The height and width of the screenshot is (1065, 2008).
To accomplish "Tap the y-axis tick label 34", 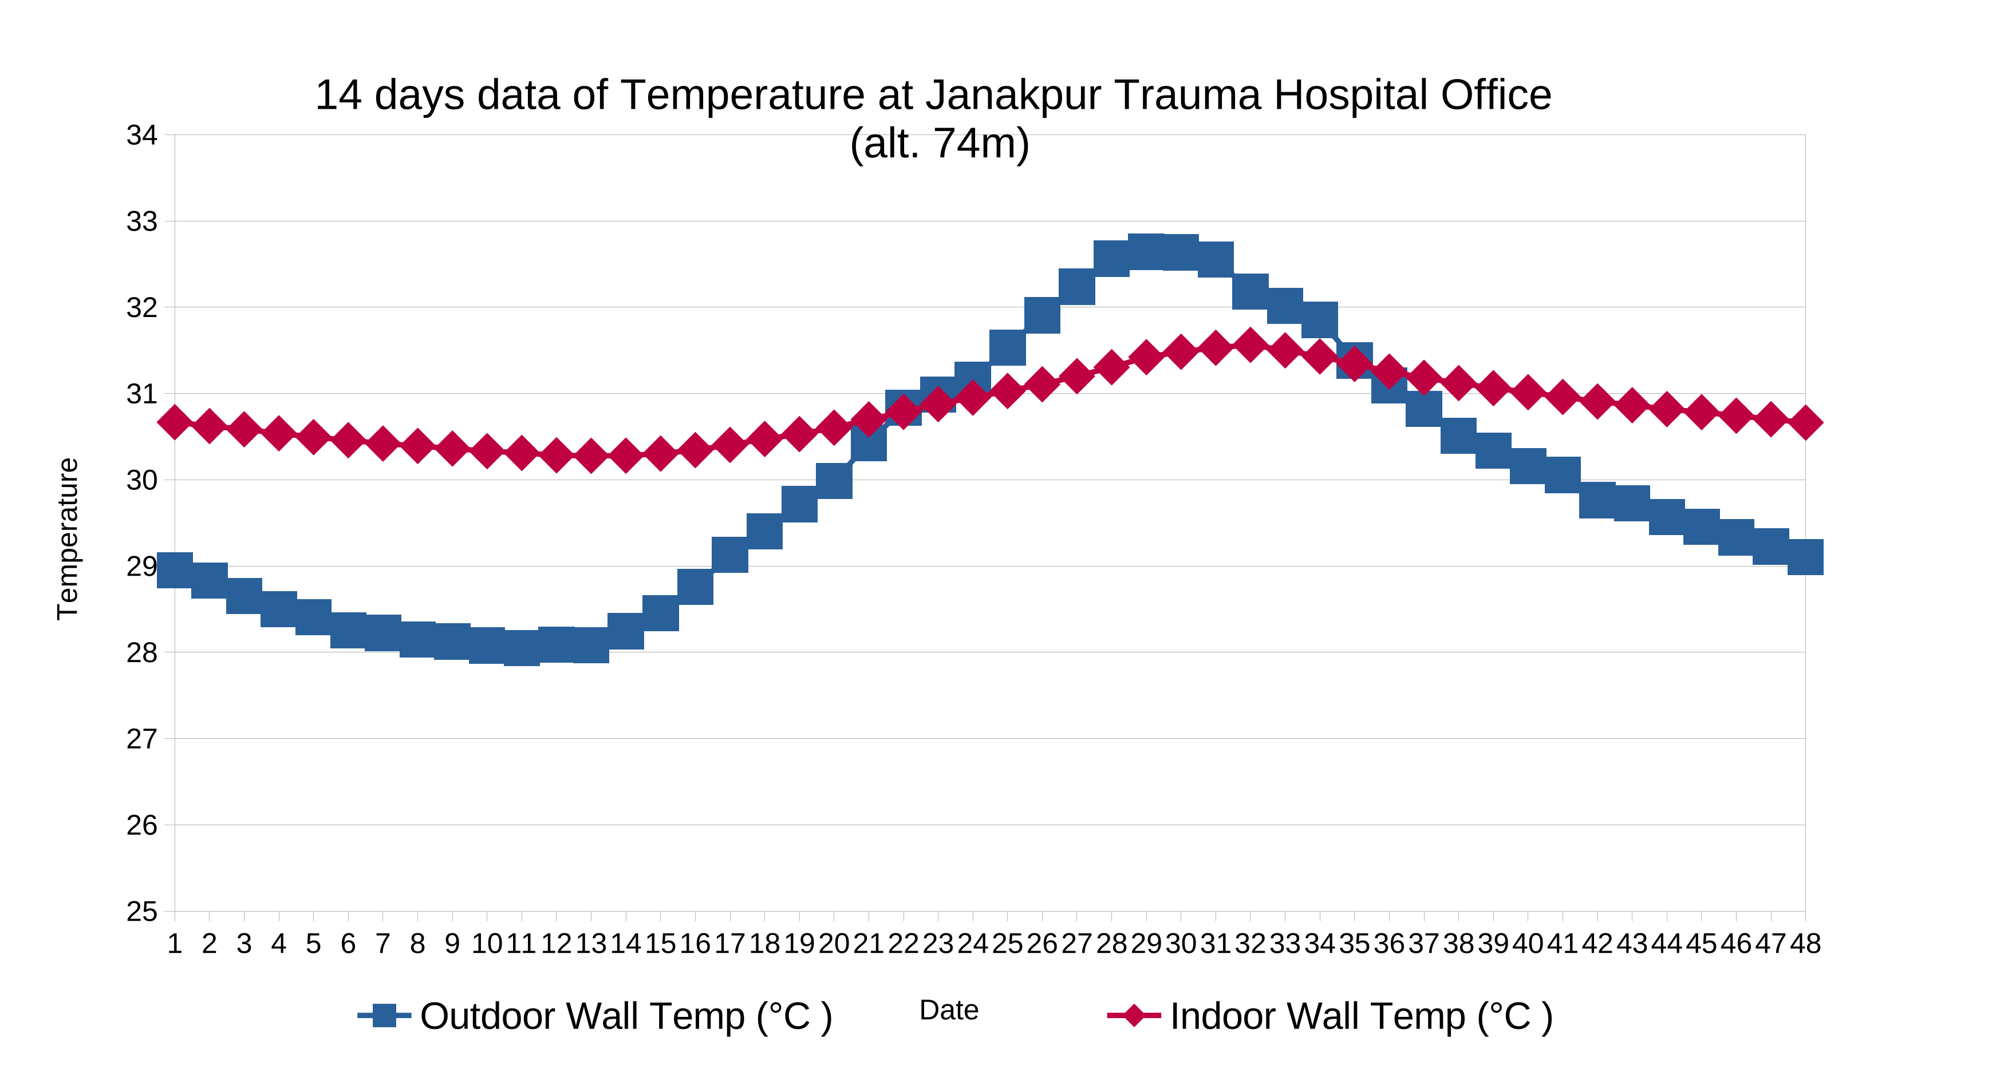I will click(142, 135).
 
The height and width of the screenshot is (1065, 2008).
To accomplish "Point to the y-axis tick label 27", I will click(142, 739).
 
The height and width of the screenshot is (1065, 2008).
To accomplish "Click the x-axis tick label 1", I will click(175, 944).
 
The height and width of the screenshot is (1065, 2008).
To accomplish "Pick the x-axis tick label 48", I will click(1805, 944).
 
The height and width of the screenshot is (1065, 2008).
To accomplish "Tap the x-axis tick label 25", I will click(1007, 944).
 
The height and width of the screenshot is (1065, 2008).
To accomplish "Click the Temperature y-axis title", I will click(68, 539).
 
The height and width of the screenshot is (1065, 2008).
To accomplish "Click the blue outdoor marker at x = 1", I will click(175, 571).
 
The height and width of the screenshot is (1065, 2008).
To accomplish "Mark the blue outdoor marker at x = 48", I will click(1805, 557).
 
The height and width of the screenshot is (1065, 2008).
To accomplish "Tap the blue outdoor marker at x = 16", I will click(695, 587).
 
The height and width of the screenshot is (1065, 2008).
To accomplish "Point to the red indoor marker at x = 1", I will click(175, 422).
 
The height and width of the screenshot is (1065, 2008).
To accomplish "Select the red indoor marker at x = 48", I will click(1805, 422).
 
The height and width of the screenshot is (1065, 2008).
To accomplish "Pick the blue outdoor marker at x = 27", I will click(1076, 287).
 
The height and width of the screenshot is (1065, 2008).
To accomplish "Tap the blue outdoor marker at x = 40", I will click(1528, 466).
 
